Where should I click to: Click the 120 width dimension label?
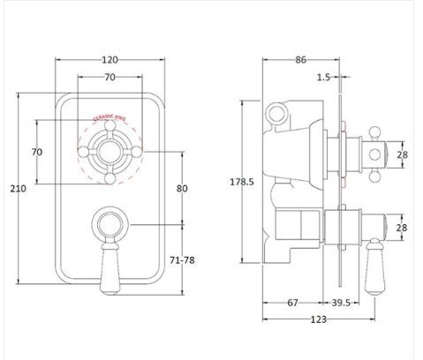pyautogui.click(x=110, y=60)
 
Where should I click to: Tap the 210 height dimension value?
pyautogui.click(x=19, y=188)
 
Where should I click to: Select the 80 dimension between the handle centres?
pyautogui.click(x=182, y=188)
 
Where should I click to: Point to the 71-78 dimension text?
pyautogui.click(x=182, y=260)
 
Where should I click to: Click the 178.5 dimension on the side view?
pyautogui.click(x=242, y=182)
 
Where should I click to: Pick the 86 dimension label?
pyautogui.click(x=300, y=60)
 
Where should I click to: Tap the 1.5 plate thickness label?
pyautogui.click(x=323, y=77)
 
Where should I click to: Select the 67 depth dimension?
pyautogui.click(x=292, y=303)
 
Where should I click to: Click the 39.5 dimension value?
pyautogui.click(x=341, y=303)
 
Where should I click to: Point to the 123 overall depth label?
pyautogui.click(x=319, y=319)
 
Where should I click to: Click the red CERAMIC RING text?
pyautogui.click(x=110, y=117)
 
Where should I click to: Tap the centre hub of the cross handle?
pyautogui.click(x=110, y=152)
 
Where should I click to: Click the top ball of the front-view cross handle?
pyautogui.click(x=110, y=125)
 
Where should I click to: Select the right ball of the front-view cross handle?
pyautogui.click(x=136, y=152)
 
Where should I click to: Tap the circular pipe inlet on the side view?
pyautogui.click(x=276, y=113)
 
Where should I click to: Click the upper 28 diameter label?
pyautogui.click(x=403, y=154)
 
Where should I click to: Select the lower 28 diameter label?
pyautogui.click(x=402, y=228)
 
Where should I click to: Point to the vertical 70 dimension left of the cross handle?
pyautogui.click(x=37, y=152)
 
